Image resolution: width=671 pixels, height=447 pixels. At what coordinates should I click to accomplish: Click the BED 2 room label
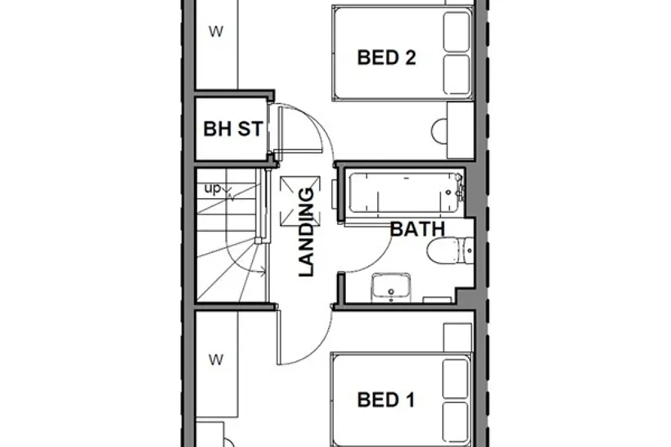pyautogui.click(x=386, y=57)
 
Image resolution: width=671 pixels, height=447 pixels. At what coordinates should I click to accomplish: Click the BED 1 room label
pyautogui.click(x=386, y=400)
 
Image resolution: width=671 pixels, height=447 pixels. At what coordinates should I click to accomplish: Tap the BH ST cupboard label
pyautogui.click(x=232, y=129)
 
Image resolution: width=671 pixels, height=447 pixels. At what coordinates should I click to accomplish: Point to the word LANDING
pyautogui.click(x=306, y=232)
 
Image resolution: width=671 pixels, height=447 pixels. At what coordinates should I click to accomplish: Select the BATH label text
pyautogui.click(x=417, y=229)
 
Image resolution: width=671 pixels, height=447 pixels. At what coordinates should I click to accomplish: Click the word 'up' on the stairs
pyautogui.click(x=212, y=188)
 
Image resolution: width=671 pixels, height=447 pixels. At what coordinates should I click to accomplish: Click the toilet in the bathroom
pyautogui.click(x=450, y=251)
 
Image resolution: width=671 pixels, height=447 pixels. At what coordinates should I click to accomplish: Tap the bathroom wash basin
pyautogui.click(x=391, y=287)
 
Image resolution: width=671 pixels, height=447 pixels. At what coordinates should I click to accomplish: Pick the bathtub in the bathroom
pyautogui.click(x=405, y=192)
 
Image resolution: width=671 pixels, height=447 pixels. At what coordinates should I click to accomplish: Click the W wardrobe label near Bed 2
pyautogui.click(x=216, y=31)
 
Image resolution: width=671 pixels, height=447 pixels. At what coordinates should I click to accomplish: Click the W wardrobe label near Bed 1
pyautogui.click(x=216, y=359)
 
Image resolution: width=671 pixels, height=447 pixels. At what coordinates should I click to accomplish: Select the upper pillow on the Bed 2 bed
pyautogui.click(x=457, y=32)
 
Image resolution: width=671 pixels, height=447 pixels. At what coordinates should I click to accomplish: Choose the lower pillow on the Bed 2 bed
pyautogui.click(x=457, y=74)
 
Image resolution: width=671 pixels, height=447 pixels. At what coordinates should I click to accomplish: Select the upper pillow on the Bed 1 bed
pyautogui.click(x=456, y=378)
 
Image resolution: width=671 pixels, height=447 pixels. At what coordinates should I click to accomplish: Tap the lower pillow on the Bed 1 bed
pyautogui.click(x=456, y=422)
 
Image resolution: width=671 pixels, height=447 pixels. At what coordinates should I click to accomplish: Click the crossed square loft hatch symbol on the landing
pyautogui.click(x=300, y=201)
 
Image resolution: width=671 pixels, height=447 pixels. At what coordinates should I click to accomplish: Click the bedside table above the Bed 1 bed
pyautogui.click(x=457, y=338)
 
